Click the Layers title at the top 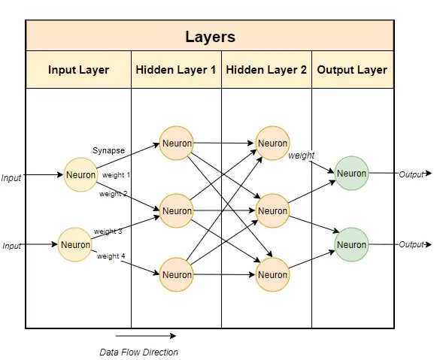click(210, 36)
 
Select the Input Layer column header click(78, 70)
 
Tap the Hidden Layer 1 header click(176, 70)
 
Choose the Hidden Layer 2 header click(266, 70)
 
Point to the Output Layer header click(352, 70)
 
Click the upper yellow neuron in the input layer click(81, 175)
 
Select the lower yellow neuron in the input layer click(76, 244)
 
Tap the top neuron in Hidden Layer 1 click(177, 144)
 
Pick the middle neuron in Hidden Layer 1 click(177, 211)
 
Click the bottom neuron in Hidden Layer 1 click(177, 275)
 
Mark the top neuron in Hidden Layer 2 click(272, 143)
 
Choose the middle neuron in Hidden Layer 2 click(272, 211)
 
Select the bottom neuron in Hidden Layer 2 click(272, 275)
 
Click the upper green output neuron click(351, 174)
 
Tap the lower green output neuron click(351, 245)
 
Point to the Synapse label click(110, 150)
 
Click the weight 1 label click(117, 175)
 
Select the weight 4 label click(111, 256)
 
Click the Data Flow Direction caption click(139, 352)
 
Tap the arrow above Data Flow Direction click(146, 336)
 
